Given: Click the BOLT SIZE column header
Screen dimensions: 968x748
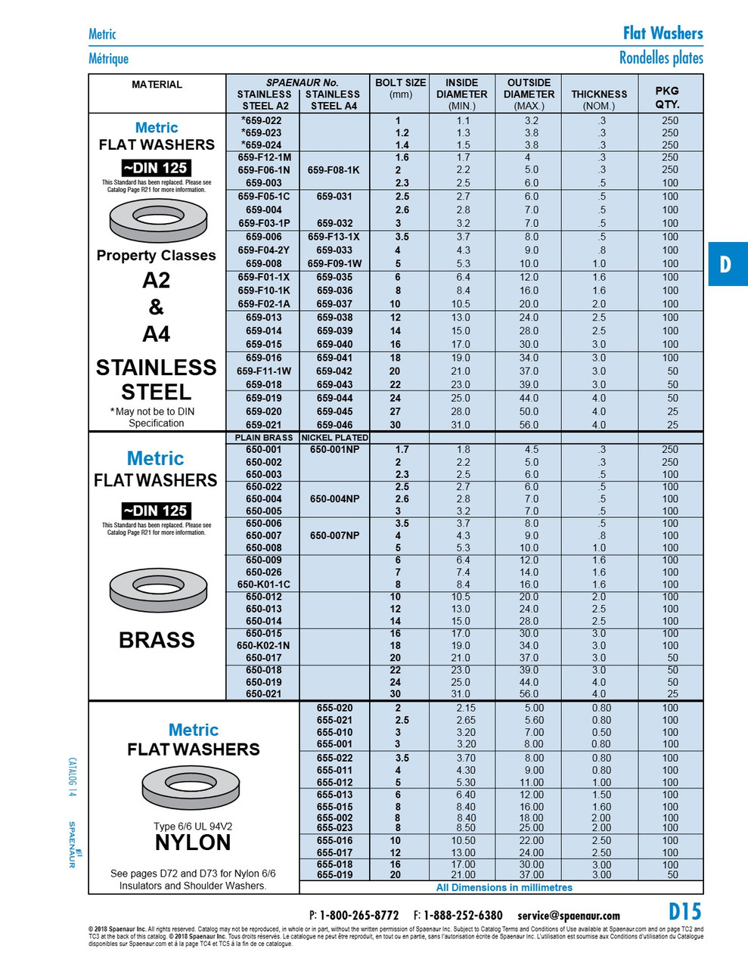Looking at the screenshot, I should point(400,88).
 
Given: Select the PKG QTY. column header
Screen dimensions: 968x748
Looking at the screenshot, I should point(666,97).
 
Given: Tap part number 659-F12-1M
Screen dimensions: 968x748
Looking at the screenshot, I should point(264,157).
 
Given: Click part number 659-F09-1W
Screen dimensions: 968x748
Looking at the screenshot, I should point(334,264).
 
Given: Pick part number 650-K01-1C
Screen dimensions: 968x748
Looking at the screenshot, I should point(263,585).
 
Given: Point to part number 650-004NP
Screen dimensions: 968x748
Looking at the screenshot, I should point(334,499).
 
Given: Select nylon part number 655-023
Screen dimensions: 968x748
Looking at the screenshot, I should point(334,827).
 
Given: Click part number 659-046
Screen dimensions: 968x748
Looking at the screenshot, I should point(334,425).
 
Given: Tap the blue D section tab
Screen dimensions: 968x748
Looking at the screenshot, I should point(727,264).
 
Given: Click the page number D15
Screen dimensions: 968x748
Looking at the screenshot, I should point(684,911).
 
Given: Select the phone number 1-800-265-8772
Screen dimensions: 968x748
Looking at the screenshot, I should point(358,915).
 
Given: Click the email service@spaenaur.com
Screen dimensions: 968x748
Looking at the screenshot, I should point(568,915).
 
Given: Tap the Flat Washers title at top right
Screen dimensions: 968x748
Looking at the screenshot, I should point(663,33).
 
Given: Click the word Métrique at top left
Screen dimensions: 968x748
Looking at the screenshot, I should point(108,59).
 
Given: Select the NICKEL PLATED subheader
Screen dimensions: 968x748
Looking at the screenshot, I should point(334,437).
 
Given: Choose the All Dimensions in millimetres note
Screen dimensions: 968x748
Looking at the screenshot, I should point(504,888).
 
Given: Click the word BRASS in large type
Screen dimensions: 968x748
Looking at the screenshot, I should point(157,640).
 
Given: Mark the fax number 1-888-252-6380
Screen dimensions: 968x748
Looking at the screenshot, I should point(462,915).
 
